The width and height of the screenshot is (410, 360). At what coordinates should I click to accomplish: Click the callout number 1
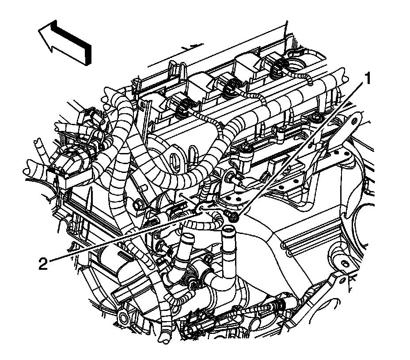[368, 79]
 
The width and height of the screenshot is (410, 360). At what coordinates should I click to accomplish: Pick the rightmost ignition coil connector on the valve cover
[278, 65]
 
